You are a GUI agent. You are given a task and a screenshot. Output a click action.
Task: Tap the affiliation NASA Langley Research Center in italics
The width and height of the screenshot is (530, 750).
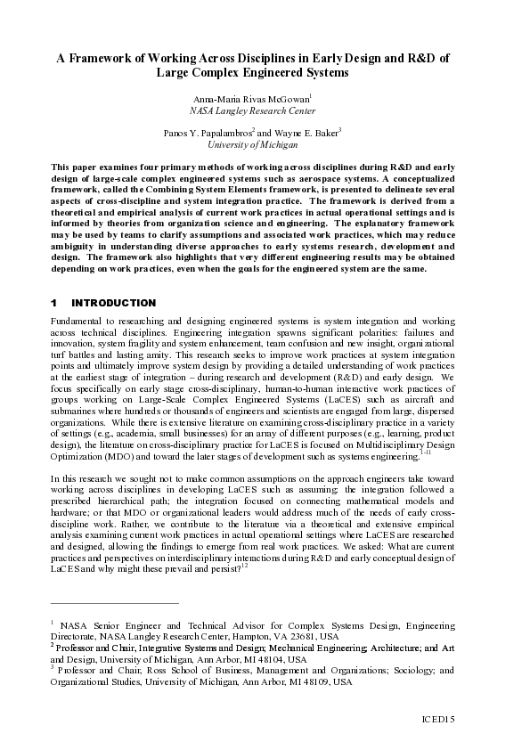pos(265,111)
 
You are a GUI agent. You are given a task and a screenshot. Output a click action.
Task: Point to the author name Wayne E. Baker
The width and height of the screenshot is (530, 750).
pos(307,133)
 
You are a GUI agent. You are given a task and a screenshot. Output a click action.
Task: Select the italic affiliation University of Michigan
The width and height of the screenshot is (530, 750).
pos(265,144)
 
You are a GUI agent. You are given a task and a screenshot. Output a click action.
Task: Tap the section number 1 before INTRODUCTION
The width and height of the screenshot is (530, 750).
pos(54,304)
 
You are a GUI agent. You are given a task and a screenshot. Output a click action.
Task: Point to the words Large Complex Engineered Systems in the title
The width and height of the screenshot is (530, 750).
pos(265,73)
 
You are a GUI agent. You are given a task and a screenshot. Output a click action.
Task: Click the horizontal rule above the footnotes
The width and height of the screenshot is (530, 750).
pos(115,603)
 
